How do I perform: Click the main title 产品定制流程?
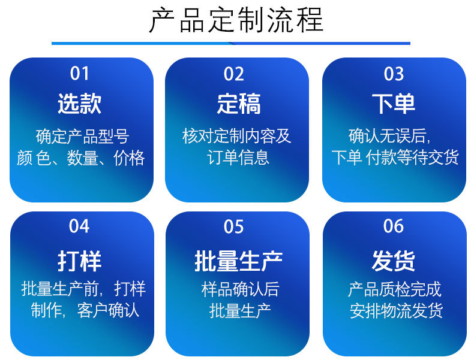point(236,20)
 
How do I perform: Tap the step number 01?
point(80,74)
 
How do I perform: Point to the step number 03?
point(394,74)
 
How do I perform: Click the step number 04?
point(79,226)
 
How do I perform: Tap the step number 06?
point(394,226)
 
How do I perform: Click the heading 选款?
point(80,104)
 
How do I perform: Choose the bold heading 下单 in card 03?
point(394,104)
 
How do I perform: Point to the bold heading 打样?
point(80,261)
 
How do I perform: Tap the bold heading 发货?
point(394,261)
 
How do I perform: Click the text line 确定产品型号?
point(82,137)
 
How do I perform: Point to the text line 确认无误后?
point(390,137)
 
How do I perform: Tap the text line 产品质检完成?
point(395,289)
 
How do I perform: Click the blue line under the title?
point(231,43)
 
